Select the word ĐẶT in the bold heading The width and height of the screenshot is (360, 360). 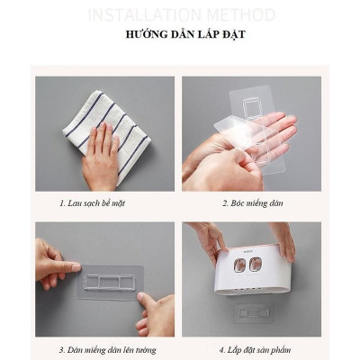tap(231, 36)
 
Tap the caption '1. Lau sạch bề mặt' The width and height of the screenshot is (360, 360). tap(92, 203)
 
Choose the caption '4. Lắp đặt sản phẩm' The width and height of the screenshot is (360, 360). tap(252, 349)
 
